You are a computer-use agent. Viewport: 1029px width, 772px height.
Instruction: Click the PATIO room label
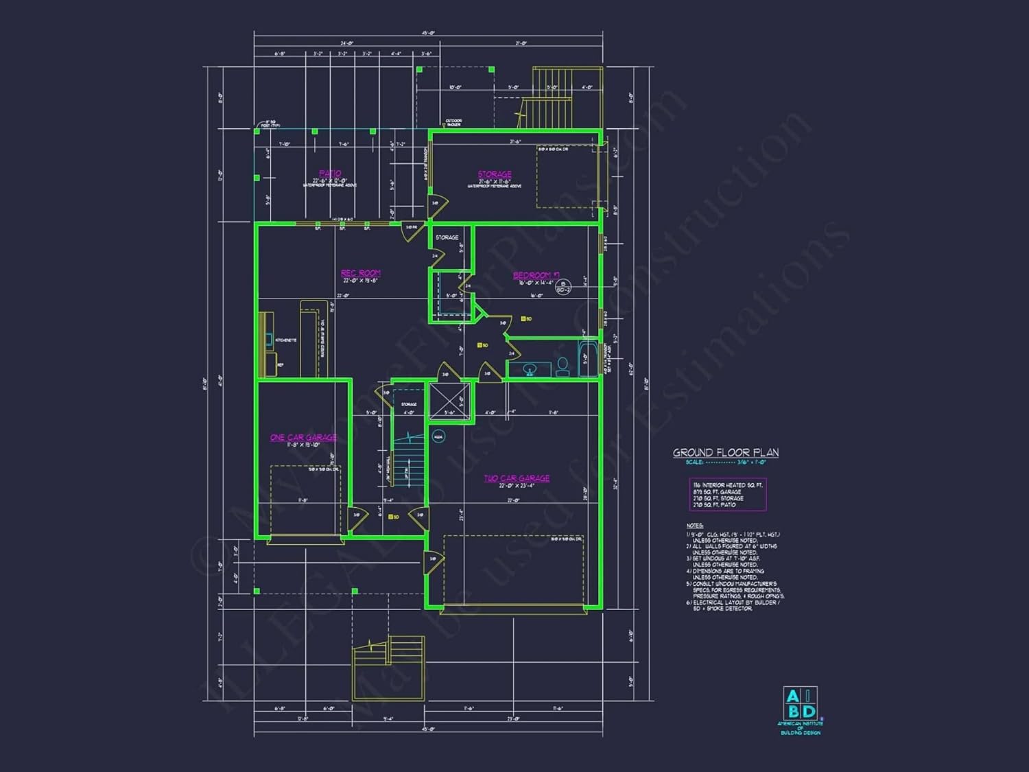[x=330, y=174]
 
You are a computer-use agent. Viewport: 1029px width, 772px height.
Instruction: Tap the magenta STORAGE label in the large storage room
[x=495, y=174]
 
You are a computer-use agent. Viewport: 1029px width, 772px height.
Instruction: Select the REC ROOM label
[x=360, y=273]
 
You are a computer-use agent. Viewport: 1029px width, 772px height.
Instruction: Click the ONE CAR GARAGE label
[x=303, y=438]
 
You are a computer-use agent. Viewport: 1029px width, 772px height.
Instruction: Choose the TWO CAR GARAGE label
[x=517, y=478]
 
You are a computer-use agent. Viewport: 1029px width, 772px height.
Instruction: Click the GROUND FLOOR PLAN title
[x=725, y=452]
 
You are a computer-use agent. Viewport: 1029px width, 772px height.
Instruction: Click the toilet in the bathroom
[x=563, y=367]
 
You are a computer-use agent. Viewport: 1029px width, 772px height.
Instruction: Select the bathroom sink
[x=529, y=370]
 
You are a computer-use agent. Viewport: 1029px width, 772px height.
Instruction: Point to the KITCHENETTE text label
[x=286, y=340]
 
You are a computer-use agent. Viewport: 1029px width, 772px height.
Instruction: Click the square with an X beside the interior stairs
[x=449, y=401]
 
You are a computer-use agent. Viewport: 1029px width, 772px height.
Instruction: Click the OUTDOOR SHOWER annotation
[x=454, y=122]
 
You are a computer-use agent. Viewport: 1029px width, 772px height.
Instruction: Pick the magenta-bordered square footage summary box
[x=727, y=495]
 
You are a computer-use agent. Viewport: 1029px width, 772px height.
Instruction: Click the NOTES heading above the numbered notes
[x=694, y=526]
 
